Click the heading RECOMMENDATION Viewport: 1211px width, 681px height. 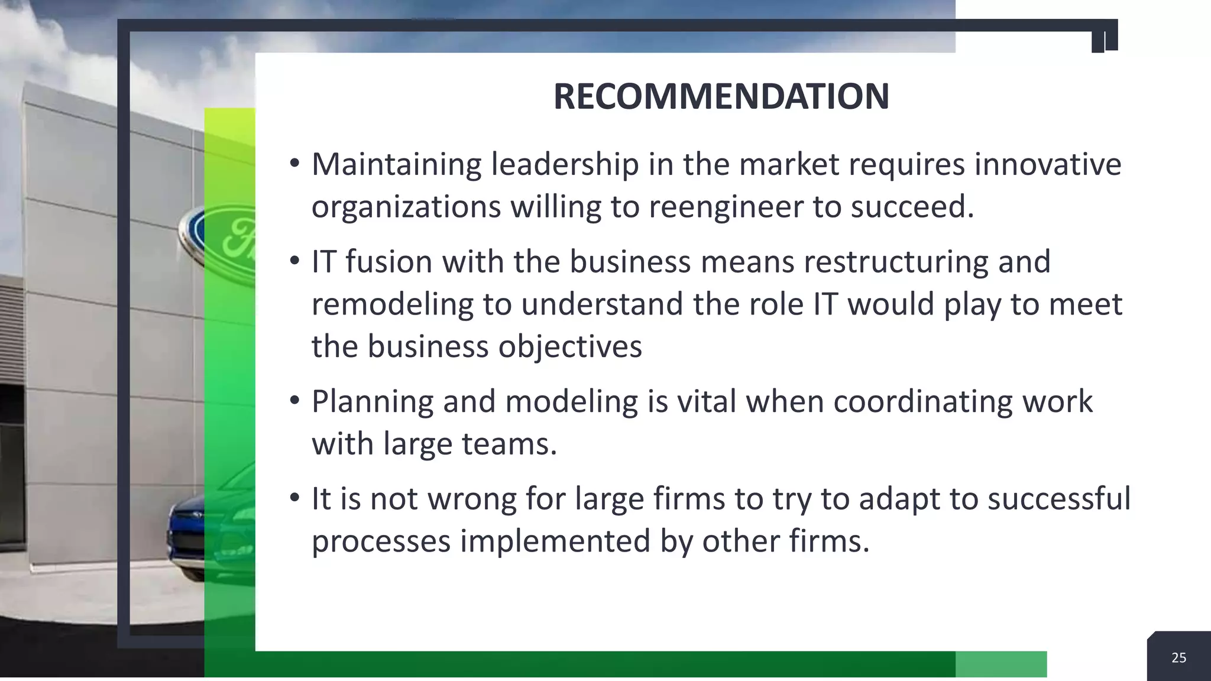[x=721, y=96]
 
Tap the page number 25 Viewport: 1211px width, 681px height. [x=1178, y=657]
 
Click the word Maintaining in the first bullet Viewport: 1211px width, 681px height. [x=396, y=164]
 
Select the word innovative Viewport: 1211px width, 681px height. [x=1047, y=164]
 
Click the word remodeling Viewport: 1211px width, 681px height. [x=392, y=304]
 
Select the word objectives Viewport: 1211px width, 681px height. [x=569, y=346]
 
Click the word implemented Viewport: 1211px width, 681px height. [x=555, y=541]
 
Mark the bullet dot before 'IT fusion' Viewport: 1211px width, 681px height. [x=294, y=260]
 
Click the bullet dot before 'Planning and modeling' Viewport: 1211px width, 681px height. [x=294, y=400]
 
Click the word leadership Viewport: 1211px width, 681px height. [x=565, y=164]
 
